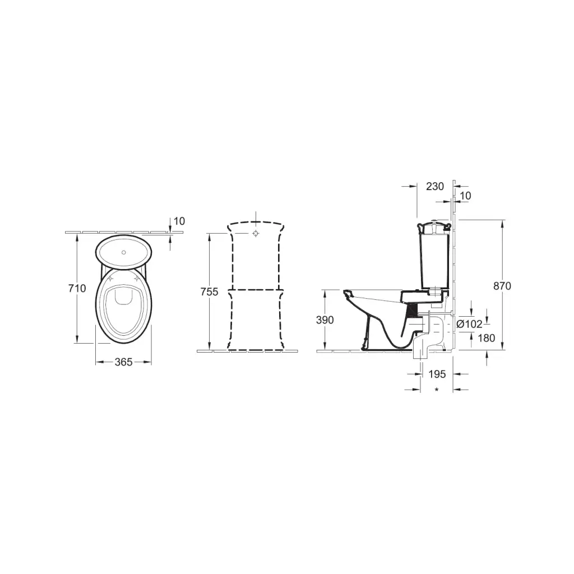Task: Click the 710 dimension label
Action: coord(77,289)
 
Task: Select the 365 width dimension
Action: coord(123,362)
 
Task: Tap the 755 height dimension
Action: coord(210,291)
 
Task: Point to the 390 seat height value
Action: coord(325,320)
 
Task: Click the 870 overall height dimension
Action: coord(502,286)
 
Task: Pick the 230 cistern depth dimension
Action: coord(435,186)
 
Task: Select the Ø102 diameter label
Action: coord(469,324)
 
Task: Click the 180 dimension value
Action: coord(486,338)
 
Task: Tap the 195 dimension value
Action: coord(437,374)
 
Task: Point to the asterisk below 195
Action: coord(437,390)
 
